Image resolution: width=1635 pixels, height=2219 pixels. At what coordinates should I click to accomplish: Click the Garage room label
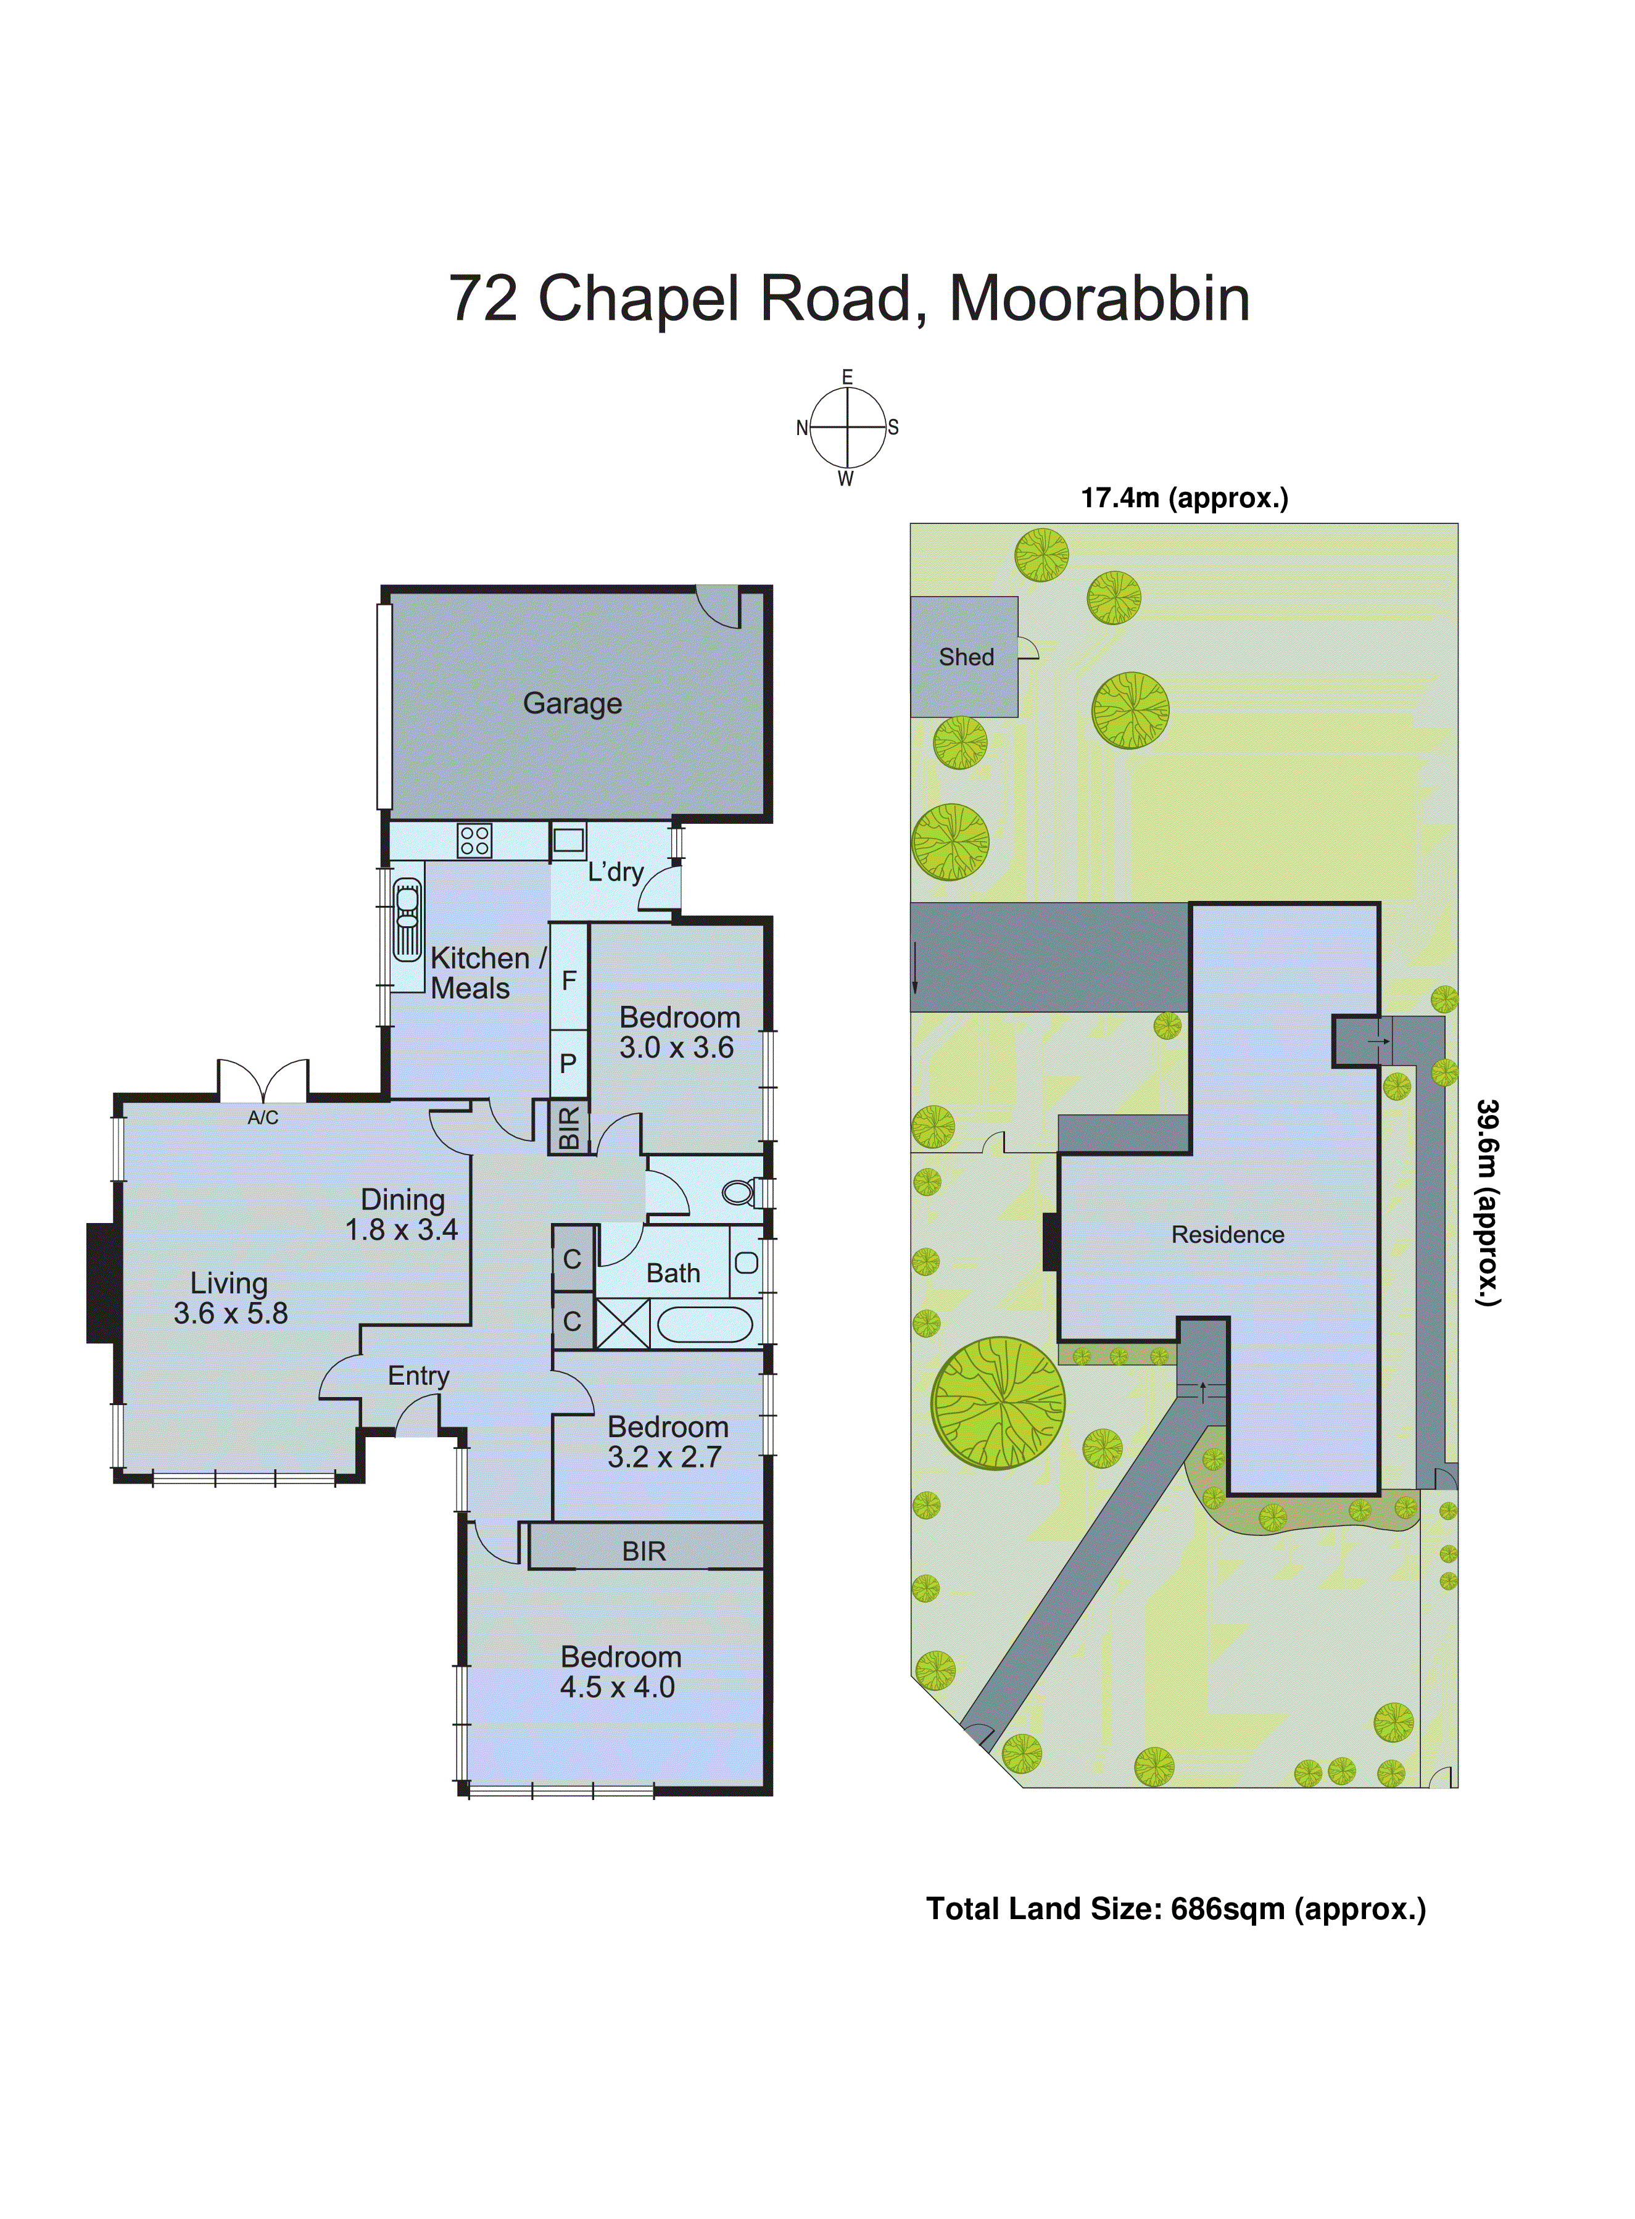tap(572, 703)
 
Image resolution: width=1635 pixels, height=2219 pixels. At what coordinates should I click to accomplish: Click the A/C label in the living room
tap(262, 1118)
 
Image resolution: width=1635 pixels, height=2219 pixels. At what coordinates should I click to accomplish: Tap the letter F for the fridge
tap(569, 980)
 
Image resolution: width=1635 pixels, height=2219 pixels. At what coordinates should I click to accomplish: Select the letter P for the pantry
tap(568, 1063)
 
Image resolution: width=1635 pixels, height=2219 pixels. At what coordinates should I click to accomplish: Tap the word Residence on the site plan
tap(1227, 1234)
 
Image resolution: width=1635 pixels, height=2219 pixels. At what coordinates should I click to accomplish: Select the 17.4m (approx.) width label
tap(1184, 498)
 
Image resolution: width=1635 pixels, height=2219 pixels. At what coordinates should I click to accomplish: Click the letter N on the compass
tap(801, 428)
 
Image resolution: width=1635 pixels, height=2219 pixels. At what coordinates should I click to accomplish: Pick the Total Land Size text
tap(1175, 1909)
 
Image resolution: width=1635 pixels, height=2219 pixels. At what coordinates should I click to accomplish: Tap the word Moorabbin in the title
tap(1099, 298)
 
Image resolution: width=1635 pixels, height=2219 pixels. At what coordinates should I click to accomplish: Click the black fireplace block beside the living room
tap(101, 1283)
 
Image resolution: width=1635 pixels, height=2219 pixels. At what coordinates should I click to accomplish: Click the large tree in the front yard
tap(998, 1403)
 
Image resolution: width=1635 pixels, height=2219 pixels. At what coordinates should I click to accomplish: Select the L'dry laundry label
tap(616, 872)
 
